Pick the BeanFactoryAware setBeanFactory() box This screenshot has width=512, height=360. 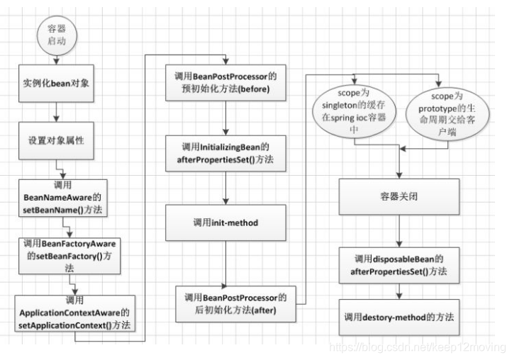pyautogui.click(x=69, y=254)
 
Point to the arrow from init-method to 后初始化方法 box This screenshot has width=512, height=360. pyautogui.click(x=225, y=260)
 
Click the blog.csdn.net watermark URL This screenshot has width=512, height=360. pyautogui.click(x=418, y=348)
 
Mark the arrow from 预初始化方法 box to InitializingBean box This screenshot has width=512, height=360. pyautogui.click(x=224, y=118)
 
